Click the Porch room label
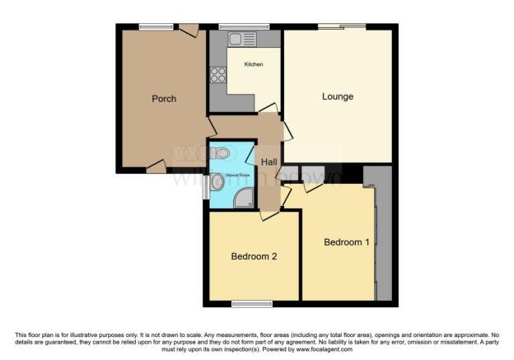164,99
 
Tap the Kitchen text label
253,64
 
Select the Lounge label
337,96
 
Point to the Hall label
269,162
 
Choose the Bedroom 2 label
253,256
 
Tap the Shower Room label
232,174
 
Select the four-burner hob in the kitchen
219,75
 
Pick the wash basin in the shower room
216,182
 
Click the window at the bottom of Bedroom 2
252,304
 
